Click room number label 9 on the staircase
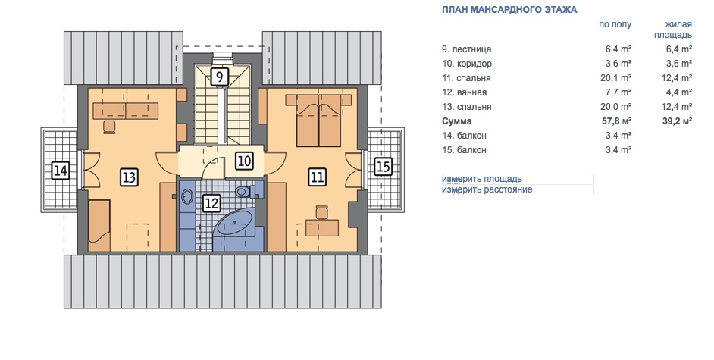click(220, 77)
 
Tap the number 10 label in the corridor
click(244, 161)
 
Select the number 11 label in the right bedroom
click(317, 177)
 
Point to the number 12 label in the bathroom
click(211, 203)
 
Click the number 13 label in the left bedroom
click(130, 177)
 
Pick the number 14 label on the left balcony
click(61, 171)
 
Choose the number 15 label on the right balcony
click(383, 166)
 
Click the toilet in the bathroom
click(246, 191)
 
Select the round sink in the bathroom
click(187, 196)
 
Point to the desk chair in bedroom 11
click(322, 212)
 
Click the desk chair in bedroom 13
click(109, 127)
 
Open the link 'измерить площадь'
click(482, 179)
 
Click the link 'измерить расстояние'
click(487, 189)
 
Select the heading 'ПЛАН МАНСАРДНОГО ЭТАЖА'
click(509, 10)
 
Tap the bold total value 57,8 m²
click(616, 121)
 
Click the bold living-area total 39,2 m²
click(678, 121)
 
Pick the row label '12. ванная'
click(464, 92)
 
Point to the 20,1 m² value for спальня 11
click(616, 78)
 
